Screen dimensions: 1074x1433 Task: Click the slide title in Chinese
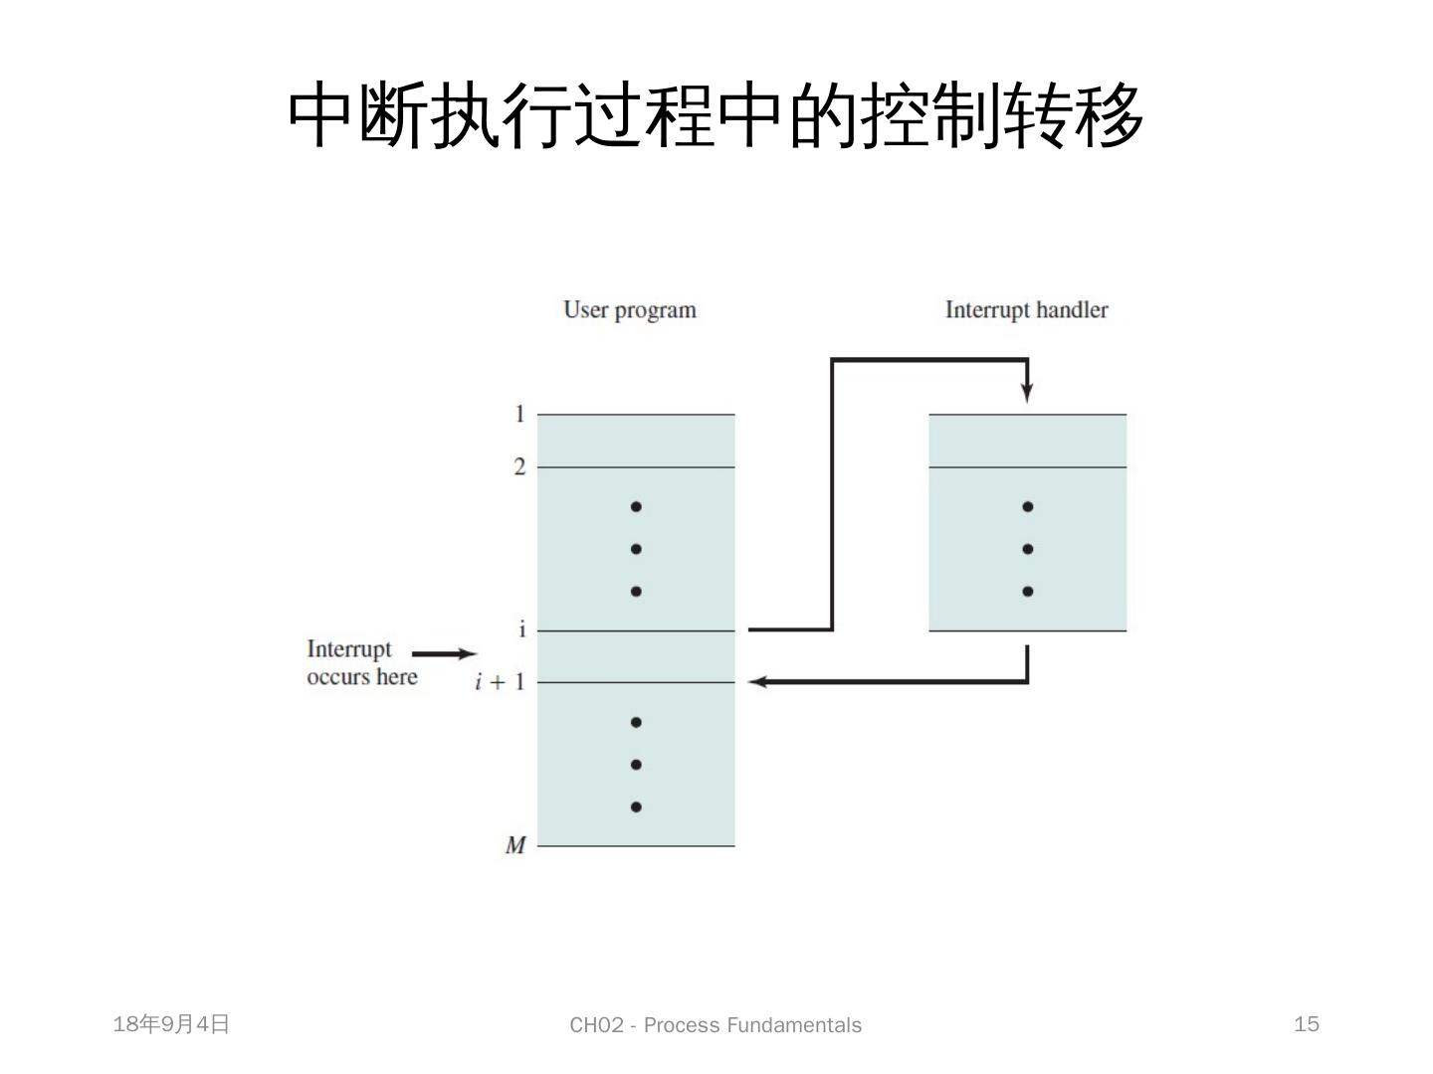716,115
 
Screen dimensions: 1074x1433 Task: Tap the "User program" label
629,310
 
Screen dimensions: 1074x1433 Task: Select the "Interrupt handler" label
1026,310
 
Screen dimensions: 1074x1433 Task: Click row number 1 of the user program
519,414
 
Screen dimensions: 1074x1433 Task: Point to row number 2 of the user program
519,466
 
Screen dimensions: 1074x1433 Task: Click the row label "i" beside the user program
521,629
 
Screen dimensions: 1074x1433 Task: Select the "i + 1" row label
500,682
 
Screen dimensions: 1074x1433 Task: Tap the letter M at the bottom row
515,845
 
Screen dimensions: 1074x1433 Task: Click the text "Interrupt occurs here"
361,663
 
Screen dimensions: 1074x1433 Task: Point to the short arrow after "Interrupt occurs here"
445,653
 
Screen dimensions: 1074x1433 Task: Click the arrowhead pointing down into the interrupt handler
1027,393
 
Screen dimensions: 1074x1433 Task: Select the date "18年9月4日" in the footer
171,1024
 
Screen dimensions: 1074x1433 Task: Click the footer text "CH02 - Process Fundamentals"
716,1025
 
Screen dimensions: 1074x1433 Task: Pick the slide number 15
1307,1024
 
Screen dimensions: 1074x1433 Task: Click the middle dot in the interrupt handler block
1028,549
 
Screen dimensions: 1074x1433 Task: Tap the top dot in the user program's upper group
636,507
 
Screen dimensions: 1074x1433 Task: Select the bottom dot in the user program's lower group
636,806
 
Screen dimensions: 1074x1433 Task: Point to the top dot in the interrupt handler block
1028,507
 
